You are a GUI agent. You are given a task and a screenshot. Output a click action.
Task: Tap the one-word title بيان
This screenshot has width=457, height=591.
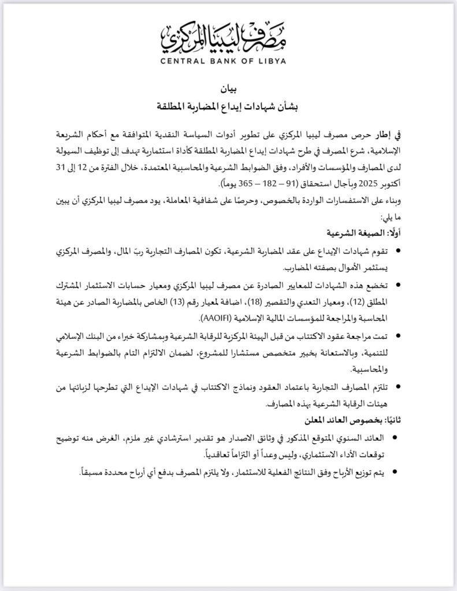228,90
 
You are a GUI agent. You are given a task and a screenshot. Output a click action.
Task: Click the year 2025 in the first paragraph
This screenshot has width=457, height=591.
370,184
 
